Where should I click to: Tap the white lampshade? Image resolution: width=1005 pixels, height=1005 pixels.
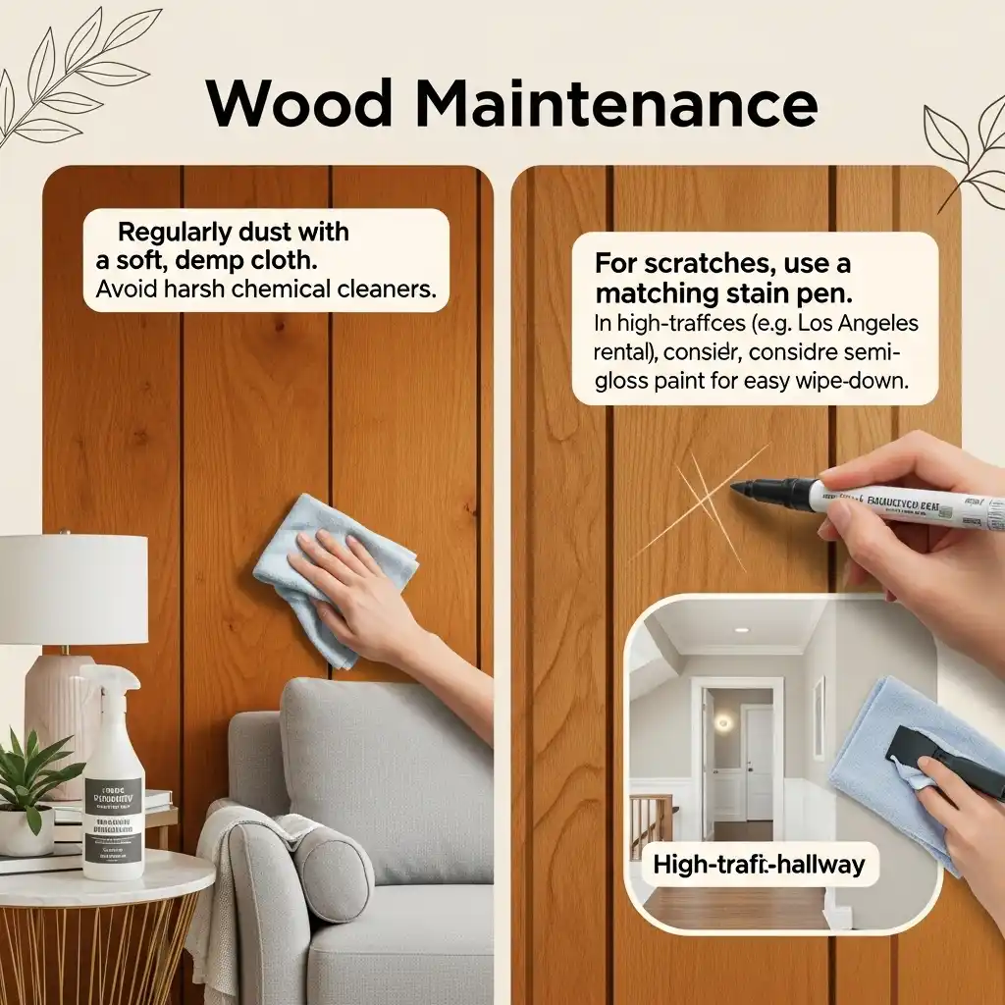click(x=74, y=589)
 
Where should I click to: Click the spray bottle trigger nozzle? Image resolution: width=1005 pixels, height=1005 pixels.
click(x=109, y=679)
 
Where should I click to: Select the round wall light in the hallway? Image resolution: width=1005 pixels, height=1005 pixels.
click(x=723, y=723)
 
